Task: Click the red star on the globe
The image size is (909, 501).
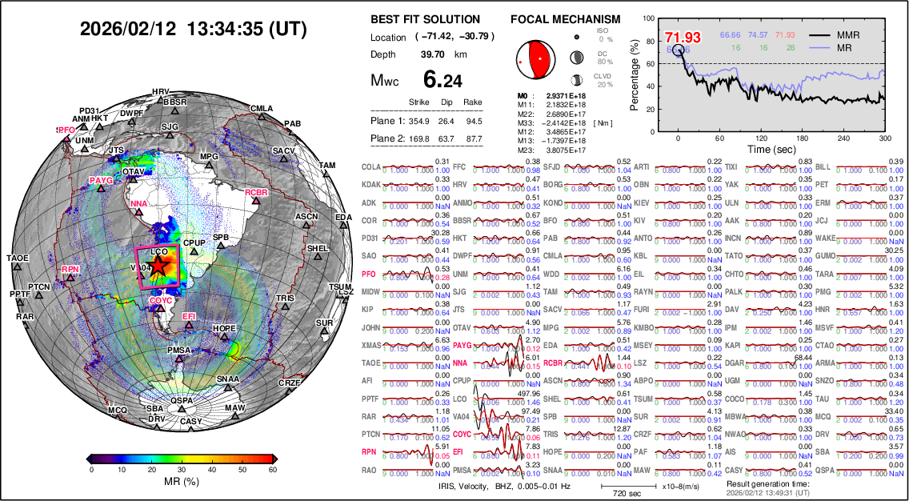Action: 158,266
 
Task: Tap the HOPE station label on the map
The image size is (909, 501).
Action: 225,329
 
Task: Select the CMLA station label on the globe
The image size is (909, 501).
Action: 262,108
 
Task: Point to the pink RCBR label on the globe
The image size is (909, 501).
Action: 256,193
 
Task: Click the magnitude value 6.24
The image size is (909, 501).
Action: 442,79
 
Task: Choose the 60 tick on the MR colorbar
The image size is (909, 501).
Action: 273,470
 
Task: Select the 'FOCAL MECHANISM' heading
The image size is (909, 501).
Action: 565,19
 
